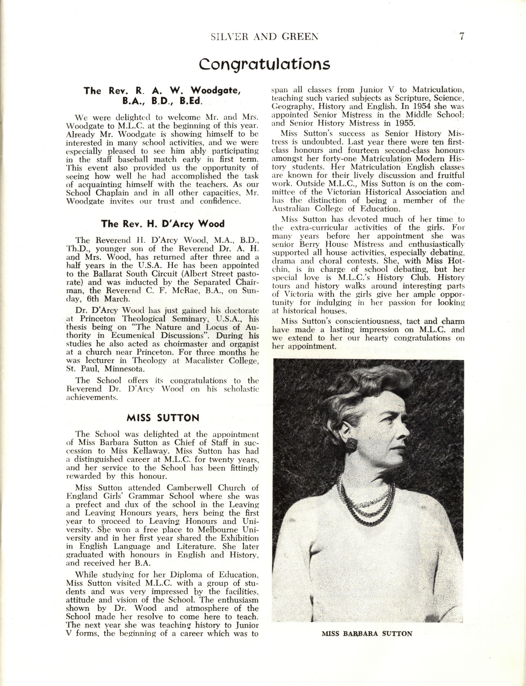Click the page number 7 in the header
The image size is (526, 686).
pos(461,37)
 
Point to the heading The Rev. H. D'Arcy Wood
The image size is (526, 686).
pos(163,224)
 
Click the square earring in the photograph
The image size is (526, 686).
pos(352,443)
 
